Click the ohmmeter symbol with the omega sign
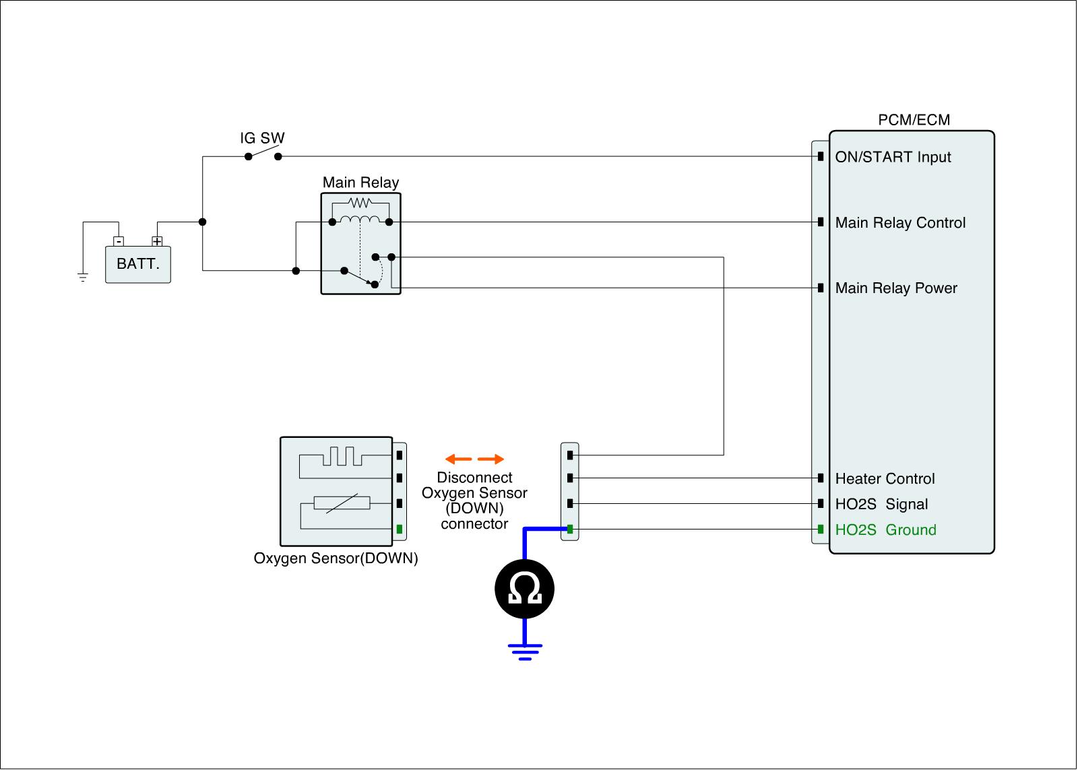(x=524, y=589)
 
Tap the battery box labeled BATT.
(x=138, y=264)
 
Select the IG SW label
(x=262, y=139)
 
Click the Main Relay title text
(x=360, y=183)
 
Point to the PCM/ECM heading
(x=914, y=121)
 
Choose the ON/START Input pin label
(x=893, y=158)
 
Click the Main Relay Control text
(x=900, y=223)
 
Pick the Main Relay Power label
(x=896, y=288)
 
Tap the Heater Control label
(x=885, y=479)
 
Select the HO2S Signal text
(x=881, y=505)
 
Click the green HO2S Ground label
(x=885, y=530)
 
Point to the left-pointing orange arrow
(x=458, y=459)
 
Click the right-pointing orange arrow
(x=491, y=459)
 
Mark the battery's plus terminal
(x=157, y=241)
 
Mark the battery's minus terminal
(x=119, y=241)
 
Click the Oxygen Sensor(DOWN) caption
(x=336, y=558)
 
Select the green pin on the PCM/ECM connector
(x=821, y=530)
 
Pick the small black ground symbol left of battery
(x=83, y=277)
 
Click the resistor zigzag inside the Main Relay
(x=360, y=202)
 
